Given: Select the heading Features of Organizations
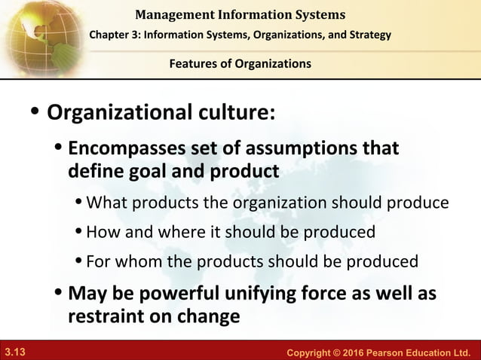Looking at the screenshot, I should [240, 64].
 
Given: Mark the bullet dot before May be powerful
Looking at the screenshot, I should [59, 292].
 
